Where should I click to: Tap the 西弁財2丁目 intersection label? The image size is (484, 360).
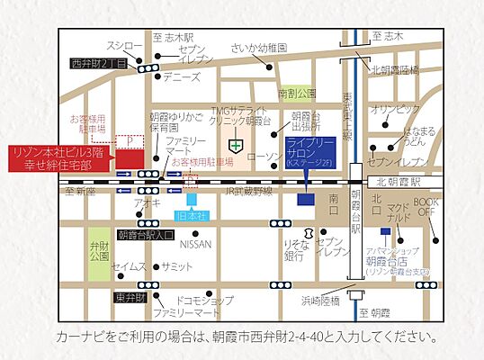[102, 65]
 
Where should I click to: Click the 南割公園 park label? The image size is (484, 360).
[297, 93]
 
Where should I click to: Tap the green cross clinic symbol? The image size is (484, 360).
[236, 144]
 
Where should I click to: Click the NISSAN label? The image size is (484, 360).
[196, 244]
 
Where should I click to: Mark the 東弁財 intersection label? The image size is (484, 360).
[128, 296]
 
